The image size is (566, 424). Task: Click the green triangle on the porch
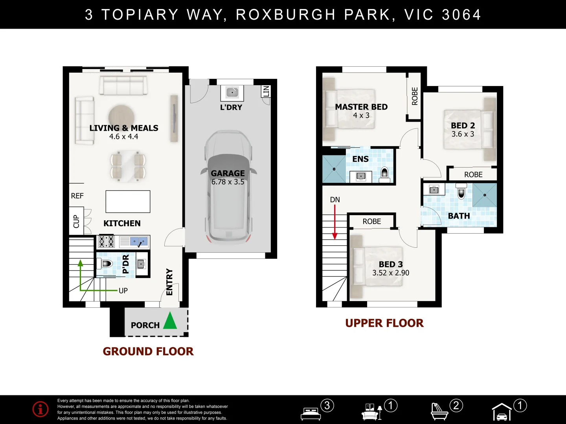point(170,320)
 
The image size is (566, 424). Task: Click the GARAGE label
point(228,173)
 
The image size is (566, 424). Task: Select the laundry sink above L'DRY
point(232,92)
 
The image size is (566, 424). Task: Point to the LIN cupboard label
point(266,91)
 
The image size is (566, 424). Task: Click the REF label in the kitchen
point(77,196)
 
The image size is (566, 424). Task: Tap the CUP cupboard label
point(76,221)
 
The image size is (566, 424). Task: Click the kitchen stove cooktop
point(107,241)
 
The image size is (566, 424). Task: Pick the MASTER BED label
point(361,107)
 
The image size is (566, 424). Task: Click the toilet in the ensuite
point(384,174)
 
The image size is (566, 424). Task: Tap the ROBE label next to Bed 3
point(371,221)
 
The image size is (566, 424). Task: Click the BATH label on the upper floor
point(459,216)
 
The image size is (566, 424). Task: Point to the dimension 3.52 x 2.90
point(391,272)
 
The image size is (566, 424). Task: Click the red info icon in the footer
point(40,409)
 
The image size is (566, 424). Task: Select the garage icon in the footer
point(502,411)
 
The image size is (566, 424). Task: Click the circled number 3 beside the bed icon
point(327,406)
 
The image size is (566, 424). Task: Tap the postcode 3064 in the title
point(461,15)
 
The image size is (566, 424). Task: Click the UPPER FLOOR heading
point(384,323)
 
